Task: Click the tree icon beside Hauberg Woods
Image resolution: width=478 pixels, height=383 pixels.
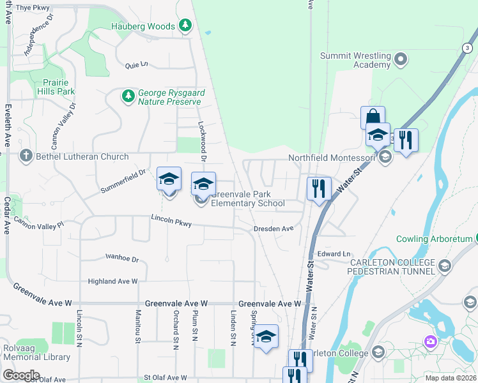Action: [185, 26]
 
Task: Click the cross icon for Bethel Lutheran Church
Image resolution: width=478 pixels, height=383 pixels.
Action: [26, 156]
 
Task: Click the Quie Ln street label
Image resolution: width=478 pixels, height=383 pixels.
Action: [137, 64]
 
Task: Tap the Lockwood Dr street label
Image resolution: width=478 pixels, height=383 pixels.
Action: [203, 142]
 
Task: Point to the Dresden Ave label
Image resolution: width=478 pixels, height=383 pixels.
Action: [273, 228]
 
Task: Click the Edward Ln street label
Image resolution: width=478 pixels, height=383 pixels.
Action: [334, 253]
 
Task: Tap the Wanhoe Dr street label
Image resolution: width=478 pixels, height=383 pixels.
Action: [122, 258]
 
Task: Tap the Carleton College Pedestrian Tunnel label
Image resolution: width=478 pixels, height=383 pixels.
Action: [391, 267]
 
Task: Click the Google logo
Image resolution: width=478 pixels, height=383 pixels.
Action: [21, 375]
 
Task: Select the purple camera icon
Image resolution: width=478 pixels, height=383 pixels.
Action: [431, 342]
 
